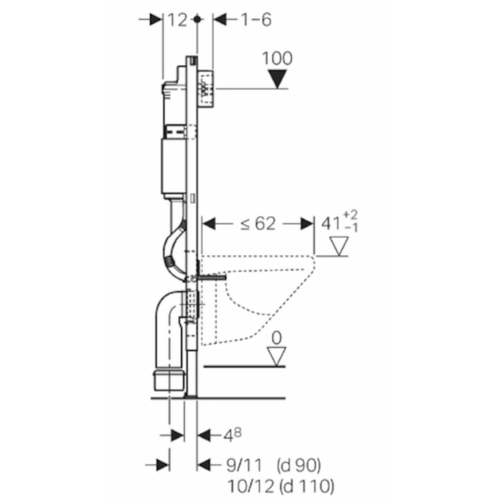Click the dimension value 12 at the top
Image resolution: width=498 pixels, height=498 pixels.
(x=178, y=20)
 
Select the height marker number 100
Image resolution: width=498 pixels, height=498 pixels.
(x=277, y=59)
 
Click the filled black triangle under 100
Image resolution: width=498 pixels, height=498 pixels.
(x=277, y=79)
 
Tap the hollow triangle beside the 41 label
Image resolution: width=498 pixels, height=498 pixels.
(x=339, y=247)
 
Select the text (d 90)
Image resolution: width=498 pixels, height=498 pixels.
(x=299, y=466)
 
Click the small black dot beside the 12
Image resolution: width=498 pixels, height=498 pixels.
(x=197, y=20)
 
